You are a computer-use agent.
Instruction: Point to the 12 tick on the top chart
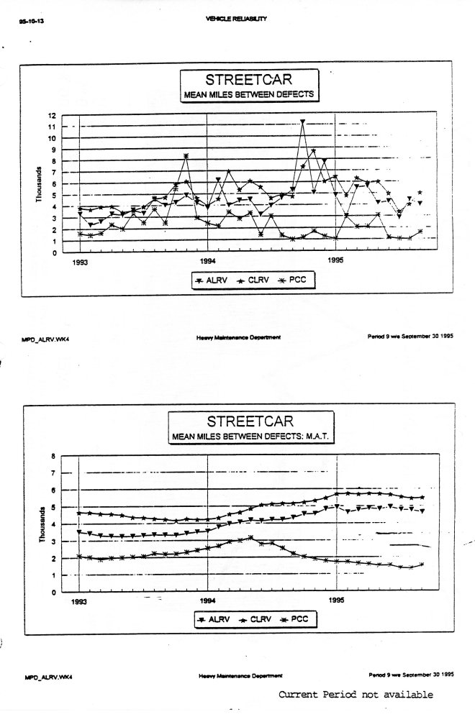tap(51, 115)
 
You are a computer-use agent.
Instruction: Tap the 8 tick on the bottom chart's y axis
tap(53, 455)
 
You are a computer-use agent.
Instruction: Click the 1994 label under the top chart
tap(207, 262)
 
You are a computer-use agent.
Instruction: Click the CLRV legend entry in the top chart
tap(253, 280)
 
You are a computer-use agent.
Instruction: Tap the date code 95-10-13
tap(27, 22)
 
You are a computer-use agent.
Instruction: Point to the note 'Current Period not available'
tap(356, 695)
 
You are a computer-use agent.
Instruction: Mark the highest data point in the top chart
tap(303, 122)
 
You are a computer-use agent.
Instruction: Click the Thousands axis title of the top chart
tap(38, 185)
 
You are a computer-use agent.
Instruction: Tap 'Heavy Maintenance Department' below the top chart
tap(237, 337)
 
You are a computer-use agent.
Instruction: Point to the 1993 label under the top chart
tap(80, 262)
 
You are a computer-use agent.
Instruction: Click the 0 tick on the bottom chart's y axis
tap(53, 593)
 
